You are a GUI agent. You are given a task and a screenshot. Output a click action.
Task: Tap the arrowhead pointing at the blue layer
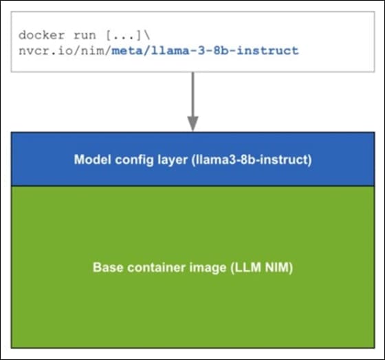coord(193,124)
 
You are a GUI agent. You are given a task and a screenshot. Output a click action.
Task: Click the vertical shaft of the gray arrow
coord(193,93)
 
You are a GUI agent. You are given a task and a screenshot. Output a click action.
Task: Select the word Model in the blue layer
coord(89,160)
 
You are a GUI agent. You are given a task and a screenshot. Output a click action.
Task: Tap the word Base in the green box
coord(106,268)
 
